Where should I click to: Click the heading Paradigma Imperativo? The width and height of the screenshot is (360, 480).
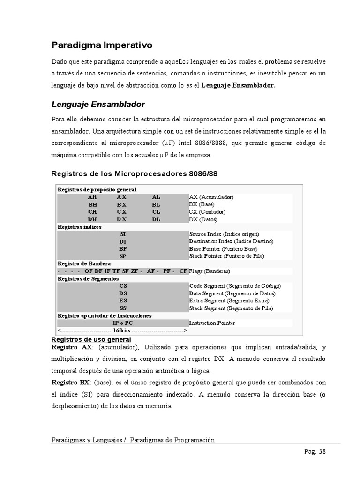102,45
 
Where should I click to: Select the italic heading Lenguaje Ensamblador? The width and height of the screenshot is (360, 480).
98,104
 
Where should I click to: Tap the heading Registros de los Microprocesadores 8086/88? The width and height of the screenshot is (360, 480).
134,174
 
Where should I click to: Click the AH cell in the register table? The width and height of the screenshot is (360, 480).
92,197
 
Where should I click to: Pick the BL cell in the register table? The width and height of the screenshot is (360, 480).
156,205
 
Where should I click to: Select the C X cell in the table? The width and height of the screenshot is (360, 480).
122,212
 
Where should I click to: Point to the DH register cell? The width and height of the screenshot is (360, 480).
92,219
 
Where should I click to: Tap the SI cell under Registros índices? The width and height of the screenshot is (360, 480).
123,234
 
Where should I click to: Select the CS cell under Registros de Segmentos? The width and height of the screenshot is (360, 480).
123,285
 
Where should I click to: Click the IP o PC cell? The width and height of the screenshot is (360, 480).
123,323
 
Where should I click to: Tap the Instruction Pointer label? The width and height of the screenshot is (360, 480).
212,323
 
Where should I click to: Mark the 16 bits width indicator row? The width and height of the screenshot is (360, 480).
122,330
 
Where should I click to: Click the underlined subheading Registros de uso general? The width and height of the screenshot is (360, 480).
91,339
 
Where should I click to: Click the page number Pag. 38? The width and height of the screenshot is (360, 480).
314,452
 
